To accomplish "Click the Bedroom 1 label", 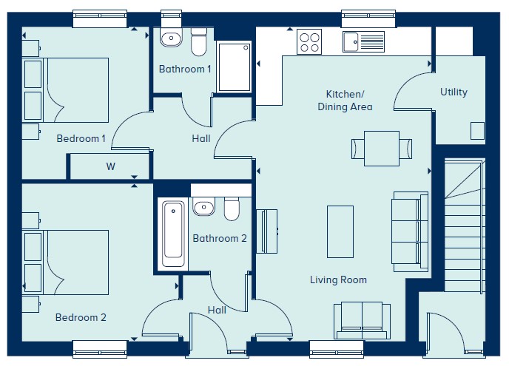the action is tap(81, 138).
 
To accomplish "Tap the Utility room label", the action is tap(454, 92).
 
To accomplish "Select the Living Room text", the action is tap(338, 279).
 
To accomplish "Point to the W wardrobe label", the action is tap(110, 166).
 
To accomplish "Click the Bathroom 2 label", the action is tap(220, 239).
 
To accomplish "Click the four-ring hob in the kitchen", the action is tap(309, 42).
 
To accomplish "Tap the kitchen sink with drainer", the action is tap(363, 41).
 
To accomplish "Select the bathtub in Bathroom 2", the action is tap(173, 234).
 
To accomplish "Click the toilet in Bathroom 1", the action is tap(199, 41).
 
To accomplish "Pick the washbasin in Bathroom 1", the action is tap(171, 38).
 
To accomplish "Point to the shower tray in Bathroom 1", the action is tap(234, 67).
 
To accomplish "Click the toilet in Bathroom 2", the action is tap(232, 209).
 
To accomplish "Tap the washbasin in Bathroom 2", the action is tap(204, 206).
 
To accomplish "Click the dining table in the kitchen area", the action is tap(382, 149).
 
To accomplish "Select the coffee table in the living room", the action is tap(340, 231).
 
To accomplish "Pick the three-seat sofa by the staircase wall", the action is tap(410, 231).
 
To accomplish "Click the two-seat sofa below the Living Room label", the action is tap(363, 321).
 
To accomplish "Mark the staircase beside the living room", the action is tap(465, 225).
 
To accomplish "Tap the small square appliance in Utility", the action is tap(477, 130).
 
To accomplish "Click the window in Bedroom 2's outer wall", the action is tap(100, 349).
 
